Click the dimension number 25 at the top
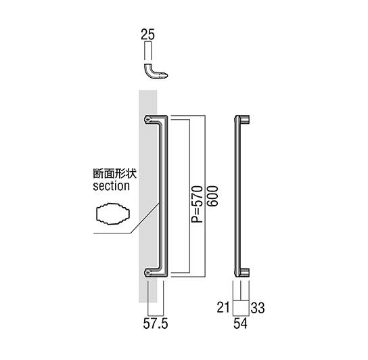pyautogui.click(x=148, y=35)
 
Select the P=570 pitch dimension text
pyautogui.click(x=197, y=204)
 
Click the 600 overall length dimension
pyautogui.click(x=212, y=196)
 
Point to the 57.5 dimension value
pyautogui.click(x=156, y=324)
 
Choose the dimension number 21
pyautogui.click(x=223, y=307)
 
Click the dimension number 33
pyautogui.click(x=258, y=308)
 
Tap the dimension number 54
pyautogui.click(x=241, y=323)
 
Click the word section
pyautogui.click(x=111, y=186)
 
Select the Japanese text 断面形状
pyautogui.click(x=115, y=173)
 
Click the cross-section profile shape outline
pyautogui.click(x=113, y=214)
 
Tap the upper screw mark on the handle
pyautogui.click(x=147, y=120)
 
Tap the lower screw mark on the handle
pyautogui.click(x=147, y=273)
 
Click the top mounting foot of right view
pyautogui.click(x=245, y=119)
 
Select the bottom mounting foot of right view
pyautogui.click(x=245, y=273)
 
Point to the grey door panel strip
pyautogui.click(x=148, y=196)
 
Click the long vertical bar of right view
pyautogui.click(x=237, y=196)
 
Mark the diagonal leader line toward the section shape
pyautogui.click(x=145, y=217)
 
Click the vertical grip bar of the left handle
pyautogui.click(x=164, y=196)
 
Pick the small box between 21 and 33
pyautogui.click(x=241, y=308)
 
